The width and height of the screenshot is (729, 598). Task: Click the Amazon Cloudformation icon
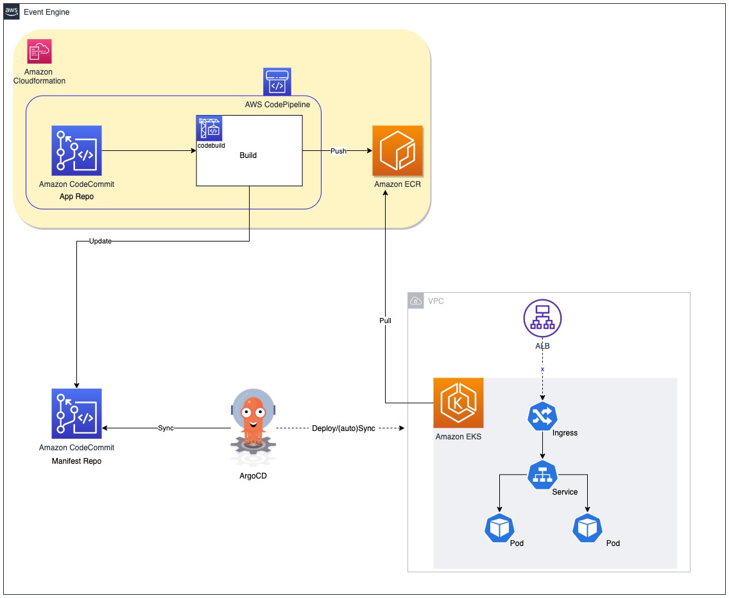[x=39, y=51]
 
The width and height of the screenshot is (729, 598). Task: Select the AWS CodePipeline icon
[x=277, y=82]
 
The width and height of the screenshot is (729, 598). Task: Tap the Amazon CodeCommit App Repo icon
[x=76, y=150]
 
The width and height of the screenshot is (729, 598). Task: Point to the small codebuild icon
[x=210, y=128]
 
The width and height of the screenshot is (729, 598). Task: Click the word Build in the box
[x=248, y=155]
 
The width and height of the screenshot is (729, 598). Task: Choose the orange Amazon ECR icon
[x=397, y=150]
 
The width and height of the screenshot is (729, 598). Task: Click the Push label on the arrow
[x=338, y=151]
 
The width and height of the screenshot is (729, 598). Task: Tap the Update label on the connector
[x=100, y=242]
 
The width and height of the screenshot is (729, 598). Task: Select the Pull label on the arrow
[x=384, y=320]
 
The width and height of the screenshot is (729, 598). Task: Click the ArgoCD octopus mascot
[x=253, y=428]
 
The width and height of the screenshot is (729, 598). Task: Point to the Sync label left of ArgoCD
[x=166, y=428]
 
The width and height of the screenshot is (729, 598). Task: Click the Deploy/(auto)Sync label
[x=343, y=428]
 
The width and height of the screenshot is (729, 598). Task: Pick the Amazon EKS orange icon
[x=458, y=403]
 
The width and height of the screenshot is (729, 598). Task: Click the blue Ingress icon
[x=542, y=417]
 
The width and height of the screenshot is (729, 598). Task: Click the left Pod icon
[x=499, y=528]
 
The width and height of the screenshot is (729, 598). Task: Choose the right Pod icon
[x=587, y=528]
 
